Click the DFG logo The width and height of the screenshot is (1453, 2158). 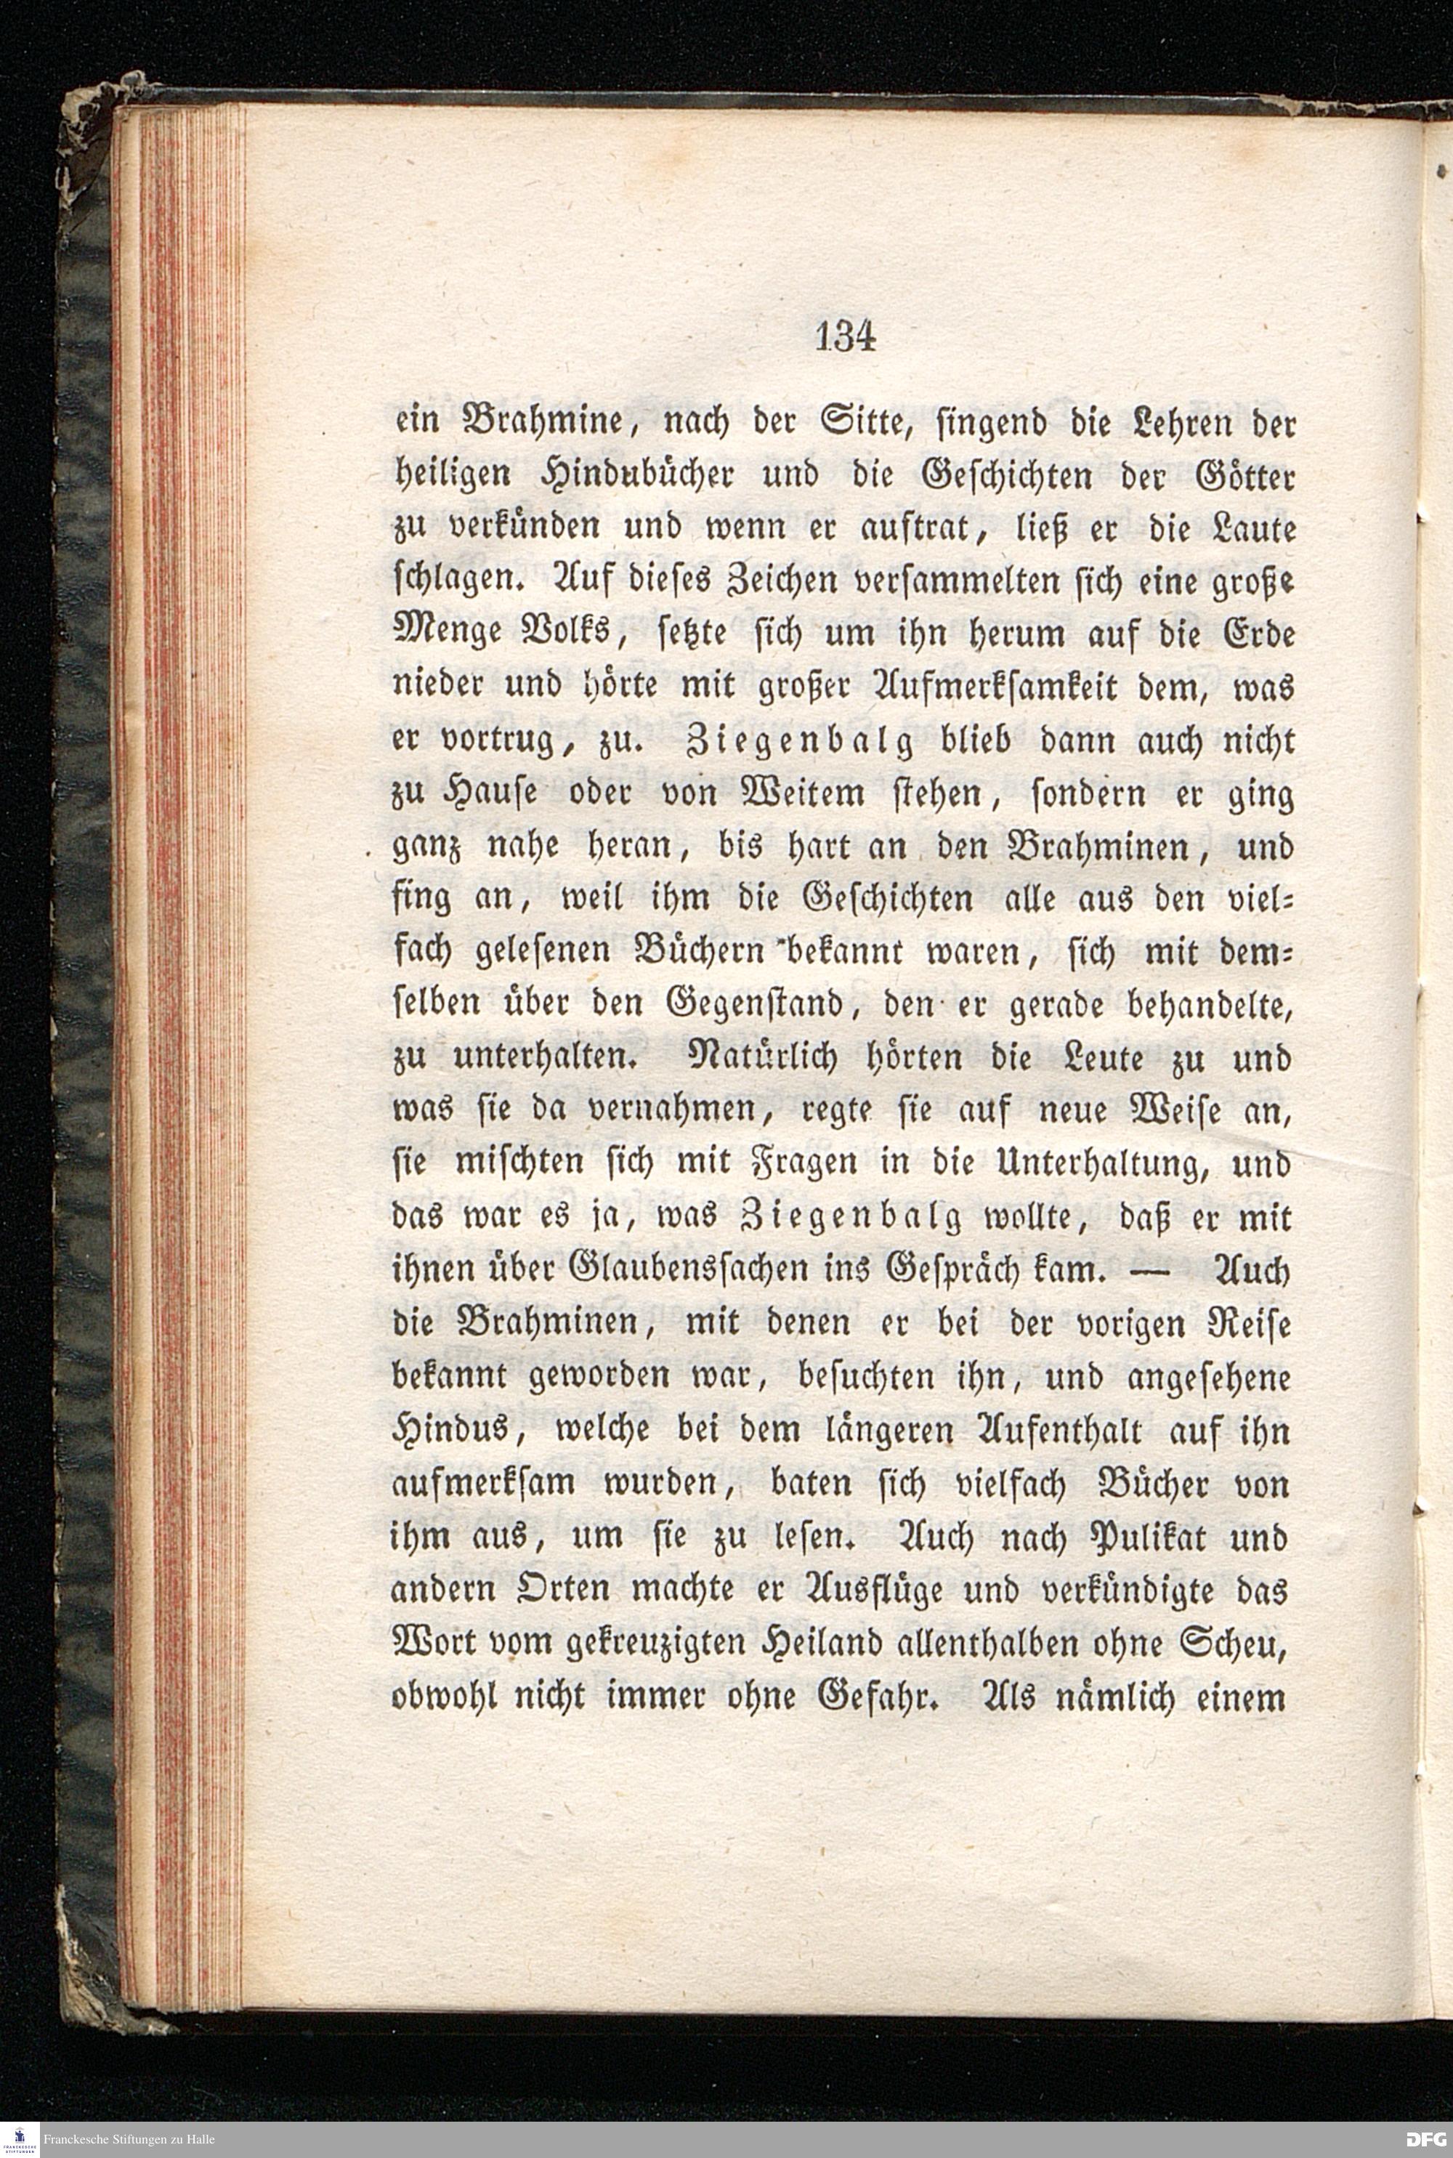click(1424, 2139)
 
